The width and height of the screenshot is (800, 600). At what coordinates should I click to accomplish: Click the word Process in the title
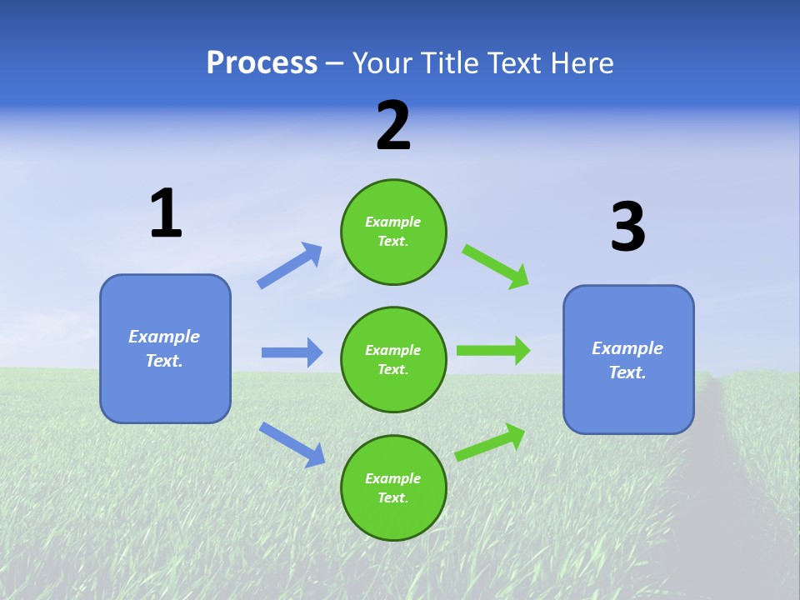click(262, 63)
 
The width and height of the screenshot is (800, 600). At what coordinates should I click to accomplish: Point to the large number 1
click(166, 214)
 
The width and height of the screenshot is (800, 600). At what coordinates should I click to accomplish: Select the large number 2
click(393, 126)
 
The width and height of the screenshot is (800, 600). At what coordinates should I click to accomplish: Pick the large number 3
click(627, 227)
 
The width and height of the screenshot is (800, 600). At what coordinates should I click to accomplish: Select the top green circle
click(393, 232)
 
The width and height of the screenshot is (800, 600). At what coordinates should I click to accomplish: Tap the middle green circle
click(393, 360)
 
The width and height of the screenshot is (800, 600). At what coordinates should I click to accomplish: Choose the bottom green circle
click(393, 488)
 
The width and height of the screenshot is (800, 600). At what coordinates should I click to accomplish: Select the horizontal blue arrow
click(292, 352)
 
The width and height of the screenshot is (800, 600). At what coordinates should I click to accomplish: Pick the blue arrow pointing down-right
click(292, 444)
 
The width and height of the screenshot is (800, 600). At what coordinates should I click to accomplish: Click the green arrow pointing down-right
click(497, 266)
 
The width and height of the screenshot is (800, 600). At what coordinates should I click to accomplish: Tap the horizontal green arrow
click(493, 350)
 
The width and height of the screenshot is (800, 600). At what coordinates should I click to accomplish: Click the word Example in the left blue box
click(164, 337)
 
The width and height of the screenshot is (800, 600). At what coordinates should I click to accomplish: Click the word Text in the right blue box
click(627, 372)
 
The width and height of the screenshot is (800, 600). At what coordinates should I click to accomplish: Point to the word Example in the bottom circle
click(392, 478)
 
